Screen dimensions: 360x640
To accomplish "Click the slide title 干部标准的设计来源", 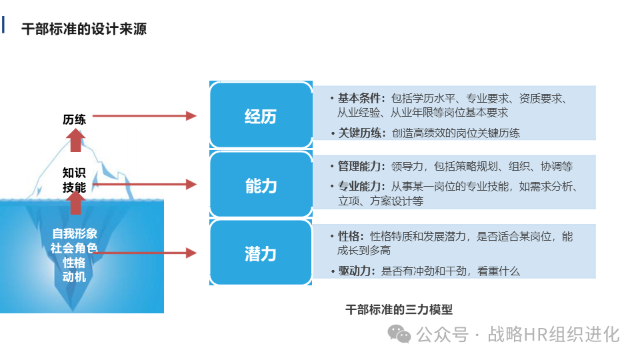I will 84,29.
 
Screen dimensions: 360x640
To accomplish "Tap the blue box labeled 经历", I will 260,117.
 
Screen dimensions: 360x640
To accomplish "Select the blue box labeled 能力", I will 260,185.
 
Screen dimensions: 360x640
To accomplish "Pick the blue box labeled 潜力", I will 260,253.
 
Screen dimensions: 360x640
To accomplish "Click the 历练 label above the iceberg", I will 75,119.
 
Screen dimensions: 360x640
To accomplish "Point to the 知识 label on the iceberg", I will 75,173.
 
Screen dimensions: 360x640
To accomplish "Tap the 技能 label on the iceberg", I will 75,187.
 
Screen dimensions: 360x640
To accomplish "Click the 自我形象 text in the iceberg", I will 75,234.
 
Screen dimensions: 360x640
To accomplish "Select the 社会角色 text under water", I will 75,248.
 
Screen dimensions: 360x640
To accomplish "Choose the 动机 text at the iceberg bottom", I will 75,277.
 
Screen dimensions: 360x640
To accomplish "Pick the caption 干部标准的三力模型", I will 399,309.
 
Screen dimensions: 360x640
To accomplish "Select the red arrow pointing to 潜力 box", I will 147,253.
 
